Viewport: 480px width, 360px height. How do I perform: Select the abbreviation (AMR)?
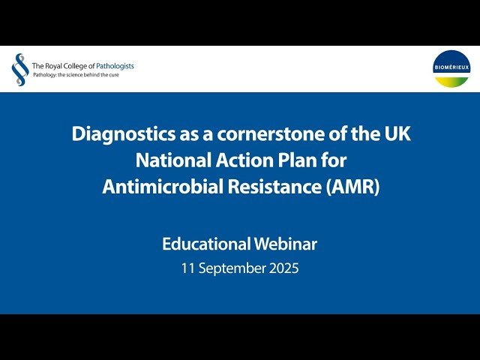click(x=354, y=187)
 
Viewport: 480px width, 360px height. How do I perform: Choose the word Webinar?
click(x=289, y=244)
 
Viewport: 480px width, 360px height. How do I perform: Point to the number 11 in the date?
click(x=187, y=268)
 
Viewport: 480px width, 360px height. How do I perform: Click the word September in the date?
click(x=231, y=268)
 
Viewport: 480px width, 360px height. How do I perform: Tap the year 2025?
click(x=283, y=268)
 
